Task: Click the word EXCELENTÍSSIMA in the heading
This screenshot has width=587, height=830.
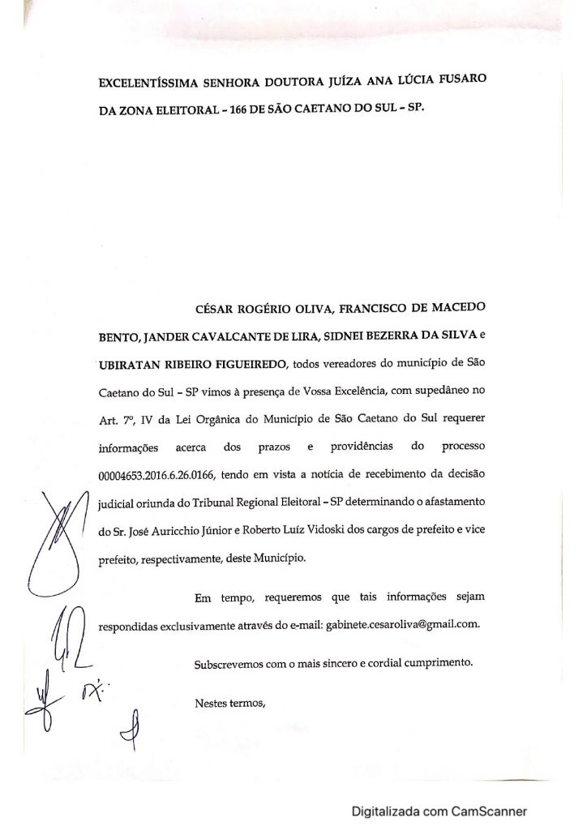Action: [145, 82]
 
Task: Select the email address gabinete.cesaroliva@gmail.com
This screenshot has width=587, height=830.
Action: [404, 624]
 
